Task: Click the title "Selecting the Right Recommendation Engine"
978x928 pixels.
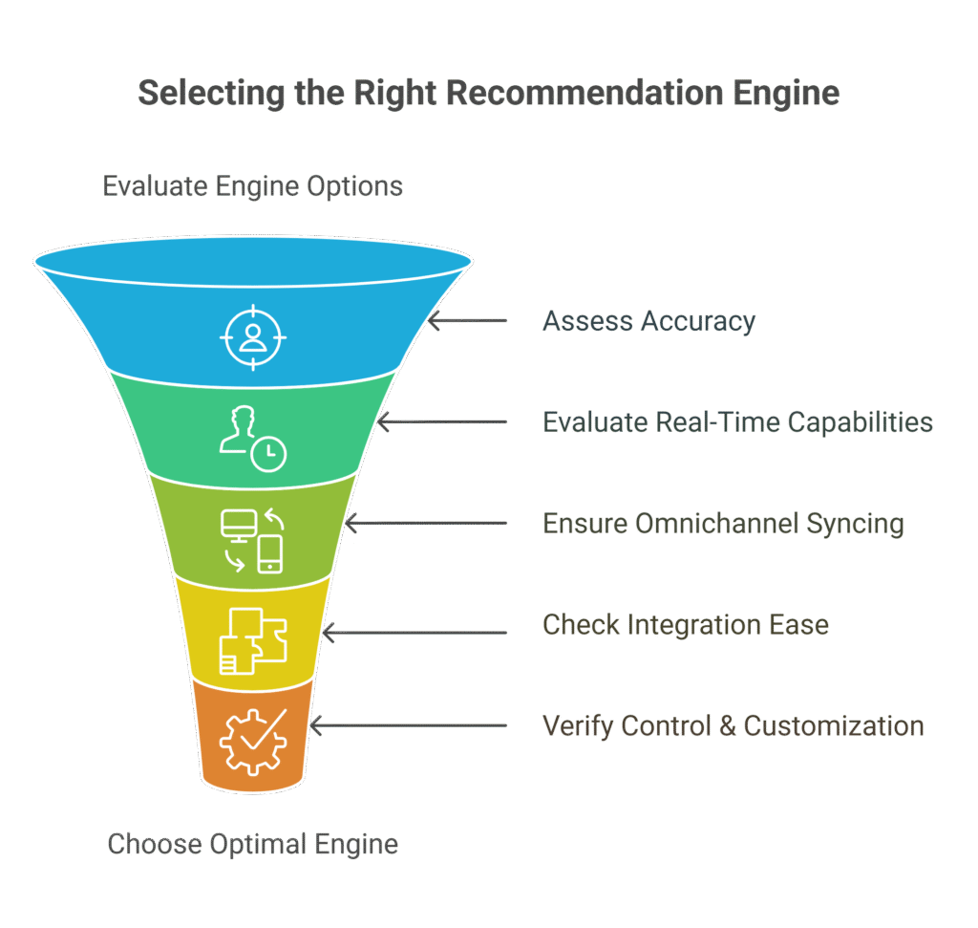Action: [488, 94]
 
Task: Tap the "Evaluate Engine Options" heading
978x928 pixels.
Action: [253, 185]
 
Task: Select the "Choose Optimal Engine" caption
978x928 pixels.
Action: [253, 845]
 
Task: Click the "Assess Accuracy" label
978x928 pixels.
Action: [648, 321]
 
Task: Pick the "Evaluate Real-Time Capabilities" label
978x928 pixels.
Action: [737, 421]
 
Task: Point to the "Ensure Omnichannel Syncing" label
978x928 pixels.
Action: [723, 524]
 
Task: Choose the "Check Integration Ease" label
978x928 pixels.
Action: [686, 626]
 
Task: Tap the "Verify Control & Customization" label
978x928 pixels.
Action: [733, 725]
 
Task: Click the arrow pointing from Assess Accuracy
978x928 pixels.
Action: [468, 321]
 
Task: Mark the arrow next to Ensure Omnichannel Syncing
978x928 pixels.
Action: [425, 524]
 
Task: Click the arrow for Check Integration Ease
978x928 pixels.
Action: [415, 632]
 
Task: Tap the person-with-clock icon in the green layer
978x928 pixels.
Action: [252, 439]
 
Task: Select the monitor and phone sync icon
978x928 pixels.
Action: [252, 540]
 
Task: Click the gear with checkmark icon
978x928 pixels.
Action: [252, 740]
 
